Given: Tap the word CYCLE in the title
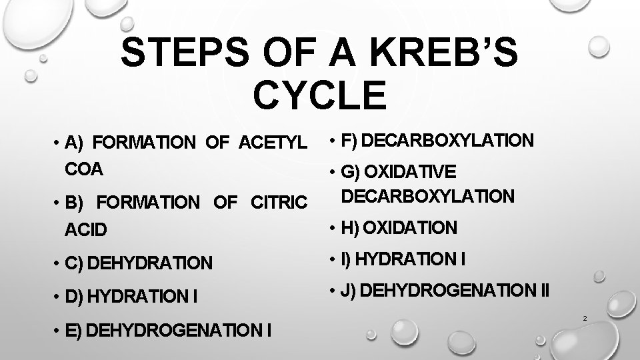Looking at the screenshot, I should click(319, 95).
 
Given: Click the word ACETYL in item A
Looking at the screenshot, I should click(269, 142).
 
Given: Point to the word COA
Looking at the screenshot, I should click(85, 169).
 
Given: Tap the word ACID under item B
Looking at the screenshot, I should click(86, 230).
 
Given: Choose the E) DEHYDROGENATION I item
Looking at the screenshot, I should click(169, 329).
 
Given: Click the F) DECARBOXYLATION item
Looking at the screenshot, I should click(437, 141).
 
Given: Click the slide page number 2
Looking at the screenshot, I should click(584, 318).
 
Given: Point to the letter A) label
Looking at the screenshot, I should click(73, 142).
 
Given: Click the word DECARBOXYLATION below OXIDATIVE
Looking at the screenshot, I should click(427, 196).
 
